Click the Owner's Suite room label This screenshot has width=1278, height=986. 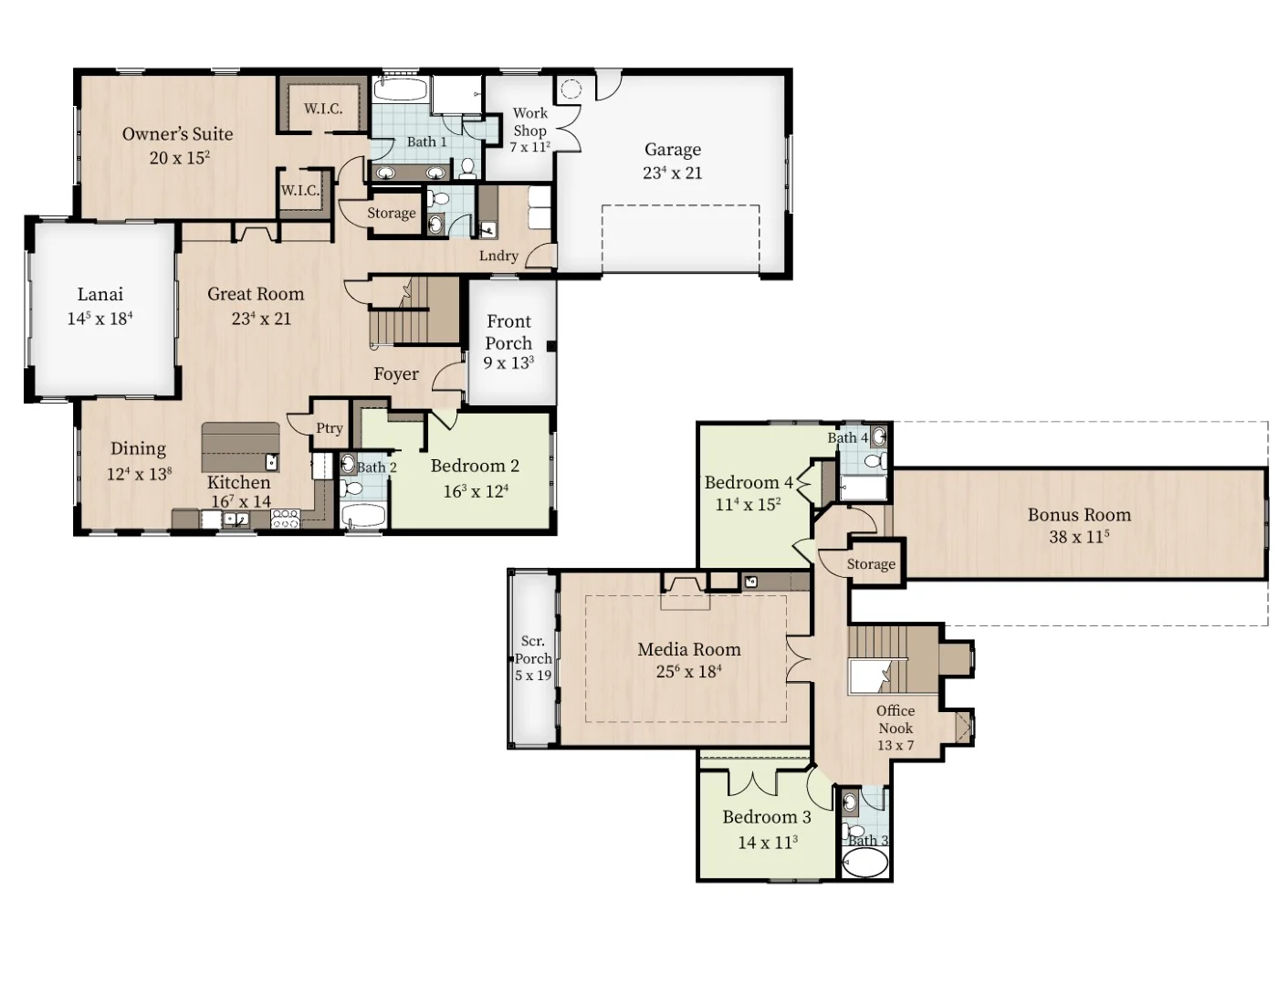click(x=178, y=134)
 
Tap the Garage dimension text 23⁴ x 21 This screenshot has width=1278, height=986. click(x=672, y=173)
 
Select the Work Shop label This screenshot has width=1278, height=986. click(x=529, y=121)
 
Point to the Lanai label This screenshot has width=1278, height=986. click(x=100, y=294)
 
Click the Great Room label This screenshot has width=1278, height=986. click(x=256, y=294)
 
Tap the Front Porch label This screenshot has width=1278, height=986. click(x=508, y=332)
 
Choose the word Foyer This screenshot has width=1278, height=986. click(x=396, y=374)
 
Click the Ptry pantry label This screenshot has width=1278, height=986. click(x=329, y=428)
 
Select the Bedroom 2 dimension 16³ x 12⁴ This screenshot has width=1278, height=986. click(x=476, y=491)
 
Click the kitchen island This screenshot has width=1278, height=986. click(x=241, y=447)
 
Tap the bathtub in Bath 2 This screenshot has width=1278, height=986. click(x=363, y=516)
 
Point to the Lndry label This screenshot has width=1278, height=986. click(x=498, y=256)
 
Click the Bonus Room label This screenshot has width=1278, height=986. click(x=1079, y=515)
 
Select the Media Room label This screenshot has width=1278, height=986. click(x=688, y=650)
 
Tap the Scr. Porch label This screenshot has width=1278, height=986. click(x=533, y=650)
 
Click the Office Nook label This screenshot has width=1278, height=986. click(x=896, y=719)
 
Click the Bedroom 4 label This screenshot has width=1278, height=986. click(x=749, y=483)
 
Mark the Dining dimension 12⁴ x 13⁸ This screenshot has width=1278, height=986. click(x=139, y=474)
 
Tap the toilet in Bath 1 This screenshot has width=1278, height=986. click(x=467, y=168)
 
